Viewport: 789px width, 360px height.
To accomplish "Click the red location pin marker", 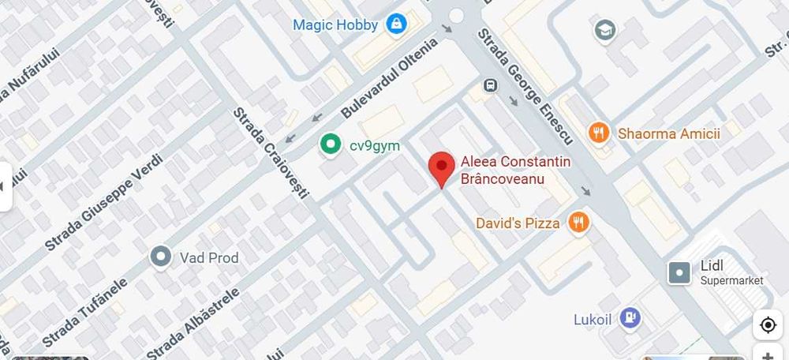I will tap(441, 167).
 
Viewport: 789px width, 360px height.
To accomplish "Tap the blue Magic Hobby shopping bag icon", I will tap(396, 24).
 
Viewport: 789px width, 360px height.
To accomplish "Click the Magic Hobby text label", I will tap(335, 24).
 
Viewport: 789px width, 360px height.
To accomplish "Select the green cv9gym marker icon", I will tap(329, 144).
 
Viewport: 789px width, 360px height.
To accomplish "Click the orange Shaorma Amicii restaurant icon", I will tap(600, 133).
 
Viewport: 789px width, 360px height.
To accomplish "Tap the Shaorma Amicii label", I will tap(669, 133).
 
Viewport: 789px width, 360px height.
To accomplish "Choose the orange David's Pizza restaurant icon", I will tap(579, 223).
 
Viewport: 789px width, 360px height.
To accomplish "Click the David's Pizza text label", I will tap(518, 223).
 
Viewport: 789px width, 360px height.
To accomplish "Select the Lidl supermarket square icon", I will tap(679, 273).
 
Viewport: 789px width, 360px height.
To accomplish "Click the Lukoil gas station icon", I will tap(630, 319).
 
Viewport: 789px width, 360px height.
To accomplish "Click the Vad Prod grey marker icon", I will tap(162, 257).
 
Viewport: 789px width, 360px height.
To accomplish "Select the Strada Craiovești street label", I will tap(271, 153).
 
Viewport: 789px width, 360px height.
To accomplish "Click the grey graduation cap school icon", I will tap(605, 31).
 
